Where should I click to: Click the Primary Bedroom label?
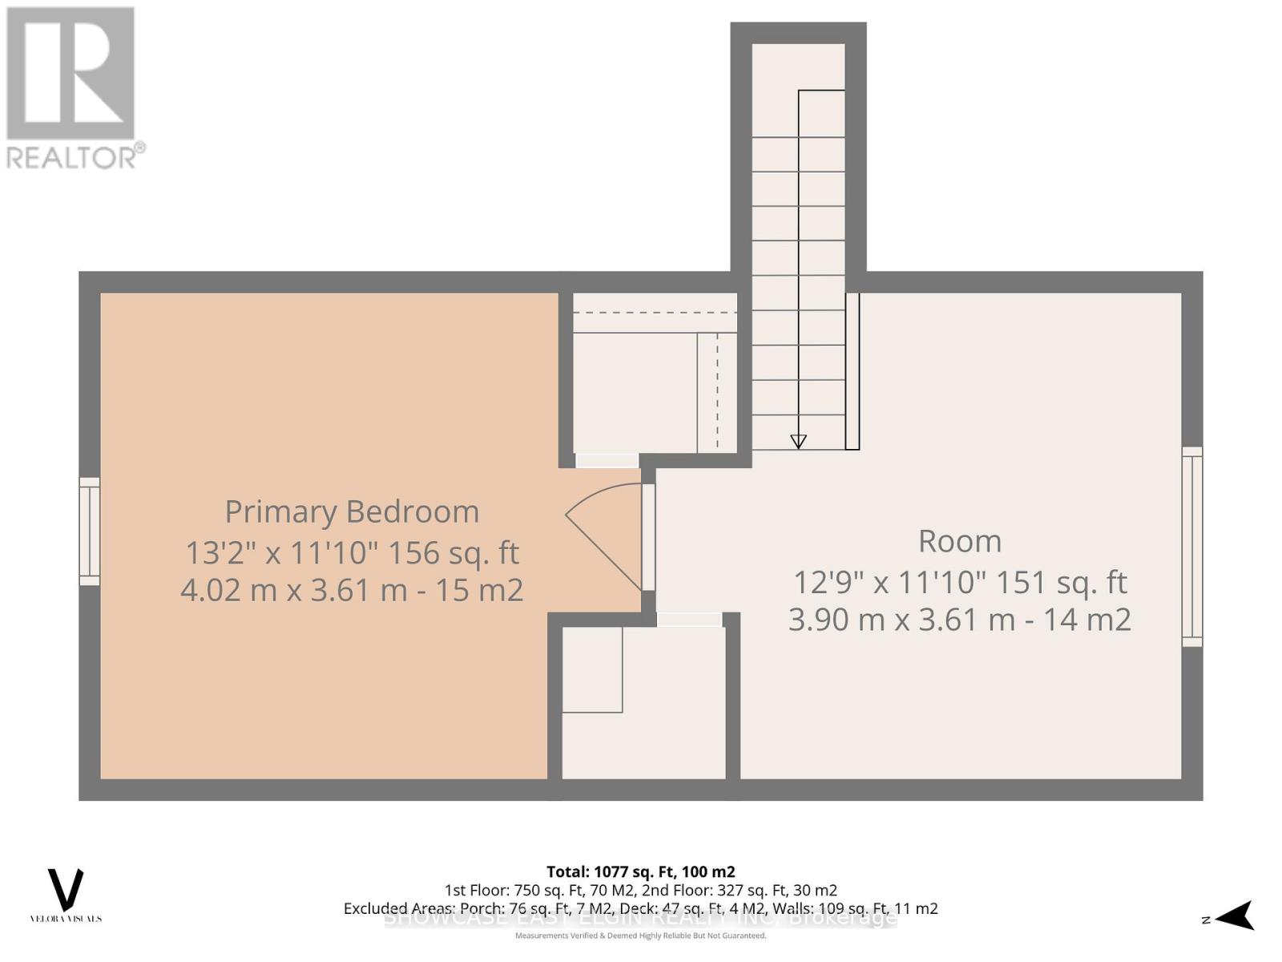(x=352, y=511)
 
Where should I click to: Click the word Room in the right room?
(x=959, y=541)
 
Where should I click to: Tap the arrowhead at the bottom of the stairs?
(x=798, y=441)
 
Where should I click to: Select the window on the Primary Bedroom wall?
(x=89, y=532)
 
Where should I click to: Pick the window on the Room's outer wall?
(x=1192, y=547)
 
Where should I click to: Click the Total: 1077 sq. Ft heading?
(x=640, y=871)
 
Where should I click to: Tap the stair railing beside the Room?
(x=853, y=370)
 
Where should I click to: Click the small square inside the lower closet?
(x=592, y=669)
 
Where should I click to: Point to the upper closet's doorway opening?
(x=607, y=460)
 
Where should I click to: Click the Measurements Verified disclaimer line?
(x=640, y=936)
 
